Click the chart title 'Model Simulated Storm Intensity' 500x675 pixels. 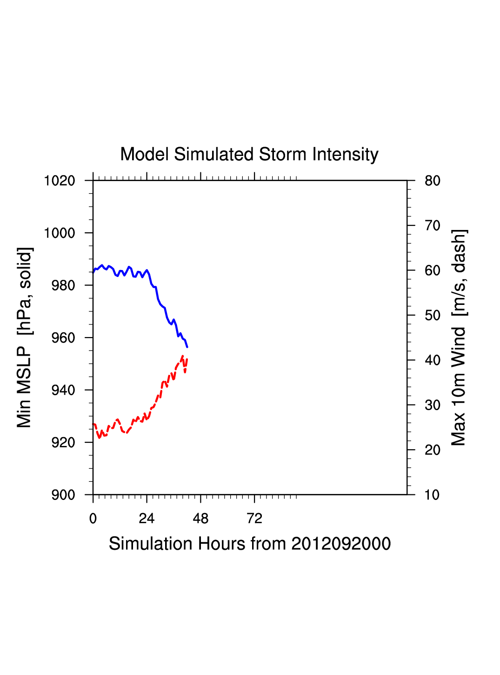point(249,155)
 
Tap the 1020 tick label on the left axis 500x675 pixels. point(60,181)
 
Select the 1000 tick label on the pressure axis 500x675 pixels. point(60,233)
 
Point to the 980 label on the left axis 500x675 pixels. point(63,285)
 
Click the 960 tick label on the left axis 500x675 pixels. point(63,338)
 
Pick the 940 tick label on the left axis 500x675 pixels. point(63,390)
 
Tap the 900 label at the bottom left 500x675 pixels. point(63,495)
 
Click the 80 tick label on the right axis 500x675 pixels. point(433,181)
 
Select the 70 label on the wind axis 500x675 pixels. point(433,226)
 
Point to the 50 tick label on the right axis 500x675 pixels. point(433,316)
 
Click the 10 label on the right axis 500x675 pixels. point(433,495)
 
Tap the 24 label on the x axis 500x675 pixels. point(147,519)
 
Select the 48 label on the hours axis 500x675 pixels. point(200,519)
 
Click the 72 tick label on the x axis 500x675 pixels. point(254,519)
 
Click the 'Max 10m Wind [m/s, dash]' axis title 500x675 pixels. point(459,337)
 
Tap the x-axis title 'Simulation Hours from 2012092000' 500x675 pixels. point(250,544)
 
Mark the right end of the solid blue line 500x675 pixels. point(187,347)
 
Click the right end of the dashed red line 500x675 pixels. point(187,359)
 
